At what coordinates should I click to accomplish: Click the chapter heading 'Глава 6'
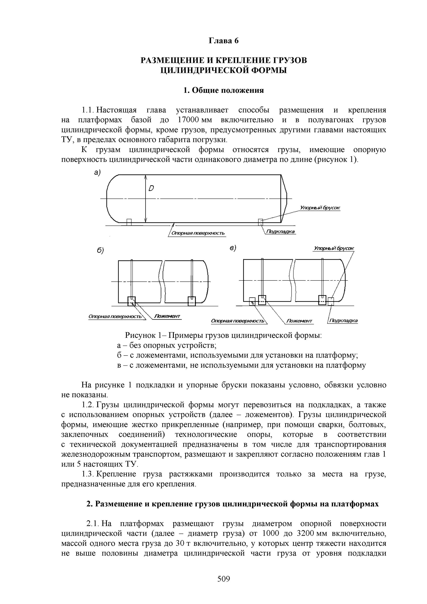(224, 41)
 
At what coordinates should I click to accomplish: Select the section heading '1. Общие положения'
(224, 90)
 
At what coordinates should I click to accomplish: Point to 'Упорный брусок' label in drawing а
(320, 208)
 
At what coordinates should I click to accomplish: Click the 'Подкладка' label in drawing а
(280, 232)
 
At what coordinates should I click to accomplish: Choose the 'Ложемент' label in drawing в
(299, 321)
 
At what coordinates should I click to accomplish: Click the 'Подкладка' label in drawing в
(343, 321)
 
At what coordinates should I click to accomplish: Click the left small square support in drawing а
(129, 222)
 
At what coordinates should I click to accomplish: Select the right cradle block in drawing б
(192, 301)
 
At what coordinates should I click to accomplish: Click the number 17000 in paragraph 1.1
(188, 120)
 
